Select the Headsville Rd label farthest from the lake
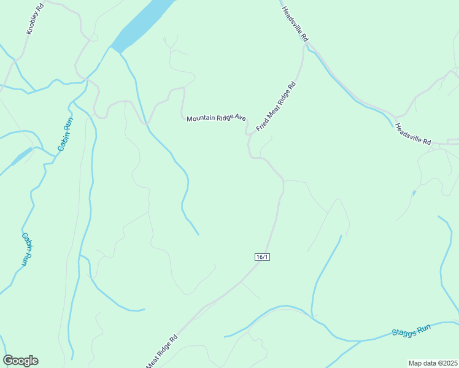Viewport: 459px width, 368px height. coord(413,134)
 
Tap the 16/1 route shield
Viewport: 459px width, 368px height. coord(261,257)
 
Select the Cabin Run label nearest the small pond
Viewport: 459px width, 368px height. coord(65,134)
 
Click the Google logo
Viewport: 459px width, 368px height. coord(20,361)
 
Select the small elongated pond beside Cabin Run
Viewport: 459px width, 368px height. coord(21,156)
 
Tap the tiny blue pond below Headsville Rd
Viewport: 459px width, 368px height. coord(414,193)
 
